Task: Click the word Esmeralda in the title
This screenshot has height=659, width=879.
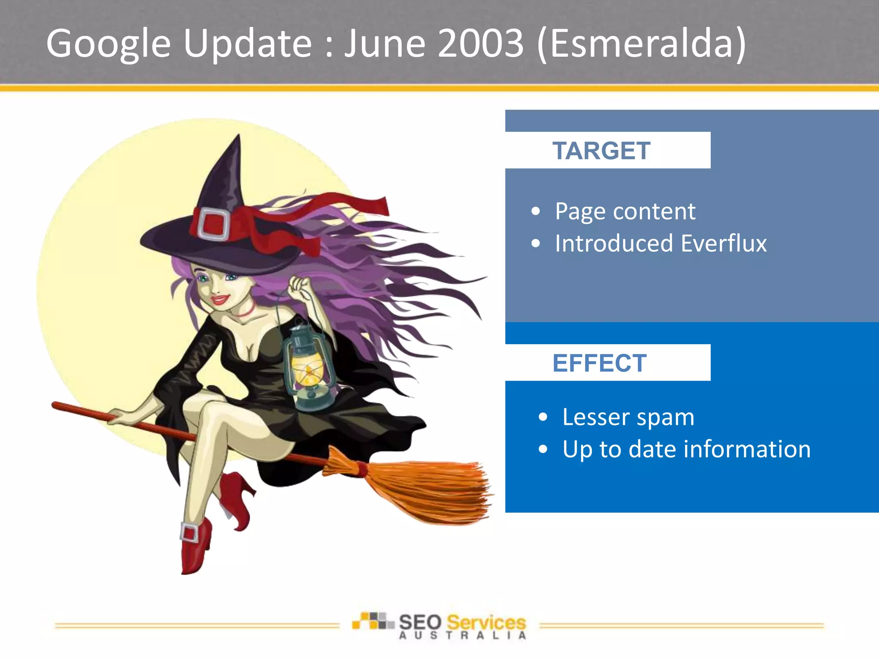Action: coord(641,43)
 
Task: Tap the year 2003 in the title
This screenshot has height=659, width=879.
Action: coord(480,43)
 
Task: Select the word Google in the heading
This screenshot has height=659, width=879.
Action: coord(108,44)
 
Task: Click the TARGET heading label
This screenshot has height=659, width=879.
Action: coord(601,151)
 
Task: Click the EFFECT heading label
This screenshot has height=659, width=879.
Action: coord(599,363)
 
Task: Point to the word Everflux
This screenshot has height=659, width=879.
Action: coord(724,244)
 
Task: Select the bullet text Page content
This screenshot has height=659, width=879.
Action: coord(625,211)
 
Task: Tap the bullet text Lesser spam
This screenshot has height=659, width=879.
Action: coord(628,417)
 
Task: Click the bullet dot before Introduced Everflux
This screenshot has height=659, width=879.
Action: coord(535,244)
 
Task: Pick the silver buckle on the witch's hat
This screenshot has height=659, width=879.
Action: coord(213,224)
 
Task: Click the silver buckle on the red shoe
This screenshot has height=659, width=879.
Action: coord(189,533)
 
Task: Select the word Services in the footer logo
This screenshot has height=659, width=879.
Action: coord(486,622)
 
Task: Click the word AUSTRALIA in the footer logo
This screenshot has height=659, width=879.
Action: coord(462,636)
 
